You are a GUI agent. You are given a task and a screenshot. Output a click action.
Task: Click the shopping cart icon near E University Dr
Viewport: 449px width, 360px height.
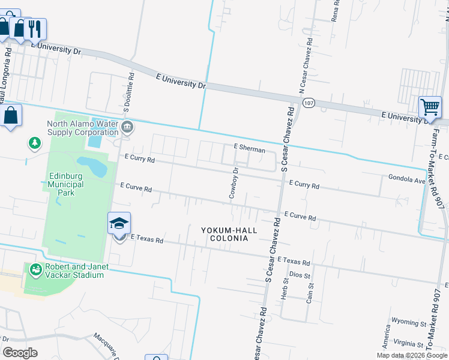[430, 108]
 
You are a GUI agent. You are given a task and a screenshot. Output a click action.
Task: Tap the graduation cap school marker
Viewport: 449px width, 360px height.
[119, 224]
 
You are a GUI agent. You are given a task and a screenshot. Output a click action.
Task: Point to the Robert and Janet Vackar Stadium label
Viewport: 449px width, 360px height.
[74, 271]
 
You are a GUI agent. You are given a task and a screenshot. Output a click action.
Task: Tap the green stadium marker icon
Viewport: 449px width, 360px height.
[35, 271]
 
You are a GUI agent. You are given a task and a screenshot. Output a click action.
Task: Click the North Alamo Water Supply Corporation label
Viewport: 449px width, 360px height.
[82, 128]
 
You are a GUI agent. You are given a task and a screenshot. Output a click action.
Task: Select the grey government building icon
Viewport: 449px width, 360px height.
[127, 127]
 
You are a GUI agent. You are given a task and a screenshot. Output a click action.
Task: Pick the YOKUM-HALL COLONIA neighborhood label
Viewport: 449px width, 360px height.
[229, 234]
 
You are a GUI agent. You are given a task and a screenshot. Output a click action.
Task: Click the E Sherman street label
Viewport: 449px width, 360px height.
[249, 148]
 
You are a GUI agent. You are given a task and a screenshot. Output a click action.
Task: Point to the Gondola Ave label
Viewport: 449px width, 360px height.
[406, 178]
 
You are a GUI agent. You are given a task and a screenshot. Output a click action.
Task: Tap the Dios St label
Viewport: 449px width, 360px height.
[299, 275]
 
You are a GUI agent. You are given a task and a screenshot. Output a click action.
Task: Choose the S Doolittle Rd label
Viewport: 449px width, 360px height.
[127, 93]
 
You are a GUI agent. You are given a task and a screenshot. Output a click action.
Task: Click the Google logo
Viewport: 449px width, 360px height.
[20, 353]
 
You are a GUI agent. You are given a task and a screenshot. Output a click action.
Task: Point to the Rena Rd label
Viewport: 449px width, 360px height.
[336, 11]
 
